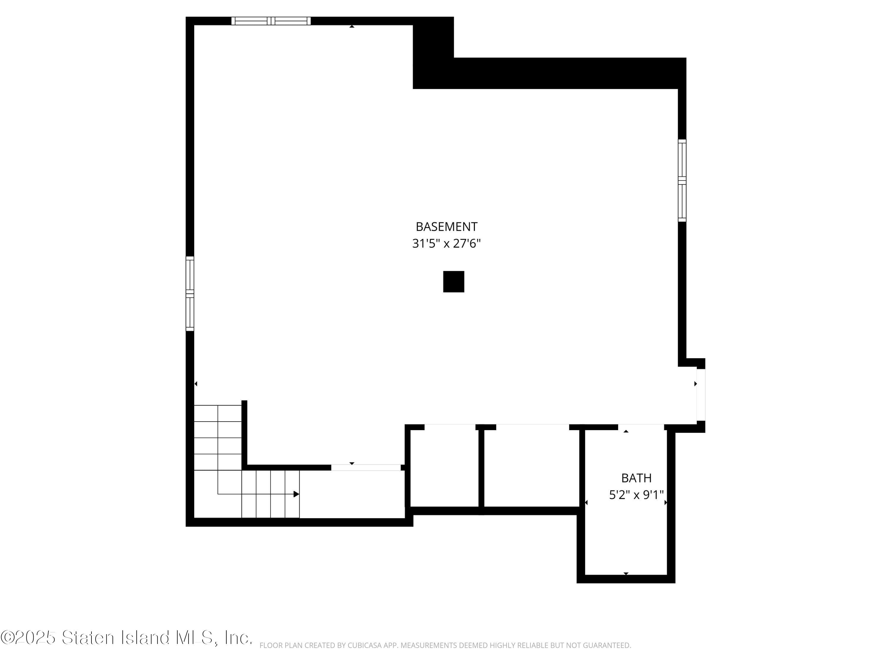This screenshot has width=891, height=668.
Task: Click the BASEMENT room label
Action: tap(446, 227)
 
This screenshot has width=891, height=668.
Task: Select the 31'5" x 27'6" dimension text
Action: tap(446, 244)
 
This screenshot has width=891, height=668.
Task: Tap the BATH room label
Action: tap(636, 478)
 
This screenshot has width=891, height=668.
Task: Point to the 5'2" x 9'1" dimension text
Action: tap(636, 495)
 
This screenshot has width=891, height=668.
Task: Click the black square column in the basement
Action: tap(454, 281)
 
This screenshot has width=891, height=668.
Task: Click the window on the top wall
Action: tap(271, 21)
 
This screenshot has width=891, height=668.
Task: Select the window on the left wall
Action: tap(190, 294)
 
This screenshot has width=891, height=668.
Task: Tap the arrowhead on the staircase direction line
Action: tap(296, 494)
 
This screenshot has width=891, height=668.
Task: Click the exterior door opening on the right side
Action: tap(701, 395)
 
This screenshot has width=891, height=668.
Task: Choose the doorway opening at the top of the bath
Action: tap(641, 427)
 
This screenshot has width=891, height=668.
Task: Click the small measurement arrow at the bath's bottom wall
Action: tap(626, 573)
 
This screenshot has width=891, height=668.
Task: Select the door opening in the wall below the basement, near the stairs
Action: tap(366, 468)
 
